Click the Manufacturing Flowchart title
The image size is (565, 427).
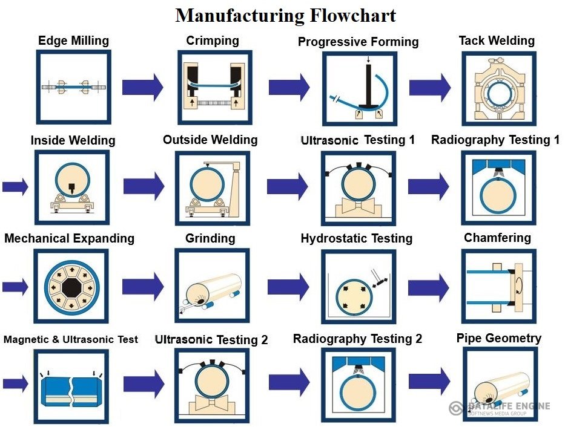click(x=285, y=15)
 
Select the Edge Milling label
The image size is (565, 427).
click(x=73, y=41)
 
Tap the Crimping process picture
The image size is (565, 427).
click(x=212, y=86)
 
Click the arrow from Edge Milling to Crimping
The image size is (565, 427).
click(x=142, y=86)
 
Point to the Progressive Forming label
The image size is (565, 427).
click(x=358, y=42)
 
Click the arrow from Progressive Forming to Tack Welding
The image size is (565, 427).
click(x=429, y=87)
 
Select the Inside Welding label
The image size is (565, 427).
click(x=73, y=140)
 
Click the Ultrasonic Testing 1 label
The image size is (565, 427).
click(x=357, y=140)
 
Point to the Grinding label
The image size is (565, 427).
click(x=210, y=238)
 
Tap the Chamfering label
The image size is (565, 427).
click(x=497, y=238)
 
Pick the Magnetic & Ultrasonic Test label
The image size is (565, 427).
click(x=70, y=339)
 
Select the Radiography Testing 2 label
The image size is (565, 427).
click(x=357, y=339)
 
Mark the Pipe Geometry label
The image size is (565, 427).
click(x=498, y=338)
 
